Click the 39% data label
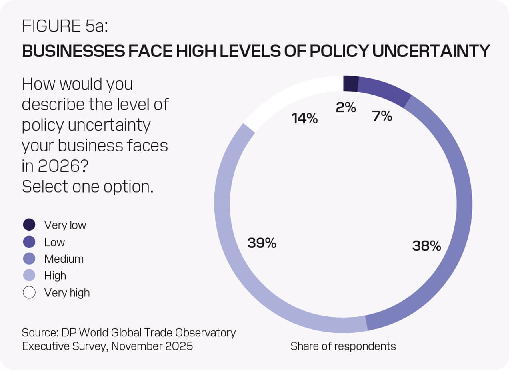pyautogui.click(x=262, y=243)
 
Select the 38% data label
pyautogui.click(x=426, y=246)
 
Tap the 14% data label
pyautogui.click(x=305, y=118)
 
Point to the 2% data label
pyautogui.click(x=346, y=107)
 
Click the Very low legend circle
pyautogui.click(x=29, y=225)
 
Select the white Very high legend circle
pyautogui.click(x=29, y=293)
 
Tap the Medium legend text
pyautogui.click(x=64, y=259)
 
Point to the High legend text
pyautogui.click(x=55, y=276)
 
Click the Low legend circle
pyautogui.click(x=29, y=242)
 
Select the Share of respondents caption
pyautogui.click(x=343, y=346)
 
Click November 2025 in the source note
pyautogui.click(x=152, y=346)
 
